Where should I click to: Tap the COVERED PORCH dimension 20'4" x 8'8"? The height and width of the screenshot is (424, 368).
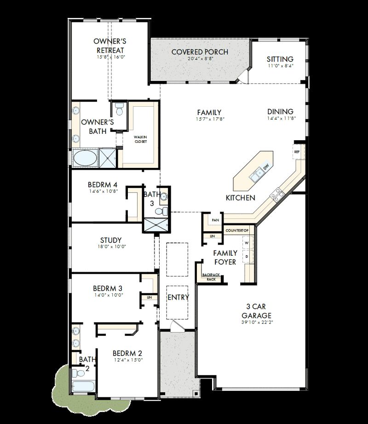[x=200, y=59]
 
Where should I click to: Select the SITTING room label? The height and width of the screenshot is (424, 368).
[x=280, y=59]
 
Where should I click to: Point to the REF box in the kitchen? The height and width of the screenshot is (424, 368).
[x=297, y=151]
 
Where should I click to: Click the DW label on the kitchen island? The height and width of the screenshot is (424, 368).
[x=265, y=167]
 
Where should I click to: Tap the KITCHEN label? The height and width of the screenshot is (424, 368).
[x=240, y=198]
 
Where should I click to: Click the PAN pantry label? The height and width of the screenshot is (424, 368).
[x=215, y=220]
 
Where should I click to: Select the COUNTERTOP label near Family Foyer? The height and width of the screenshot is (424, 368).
[x=237, y=230]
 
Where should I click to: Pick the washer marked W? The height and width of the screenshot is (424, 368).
[x=247, y=242]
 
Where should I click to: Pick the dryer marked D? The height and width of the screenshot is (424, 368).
[x=247, y=256]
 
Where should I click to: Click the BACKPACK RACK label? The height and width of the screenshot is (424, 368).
[x=211, y=277]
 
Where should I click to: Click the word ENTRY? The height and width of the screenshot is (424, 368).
[x=178, y=298]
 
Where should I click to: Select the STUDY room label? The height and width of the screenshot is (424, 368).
[x=111, y=240]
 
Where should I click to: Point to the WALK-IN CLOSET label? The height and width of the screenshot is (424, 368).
[x=140, y=139]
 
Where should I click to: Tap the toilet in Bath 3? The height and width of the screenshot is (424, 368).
[x=160, y=212]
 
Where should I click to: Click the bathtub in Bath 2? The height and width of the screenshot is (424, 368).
[x=84, y=386]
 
